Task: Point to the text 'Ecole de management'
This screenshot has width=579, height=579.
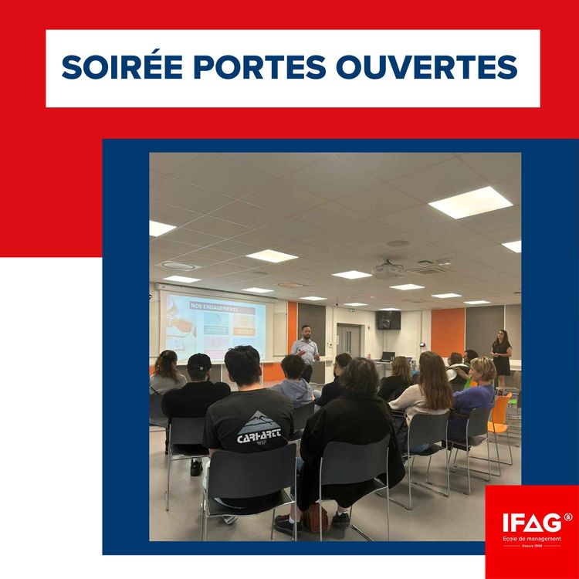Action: click(532, 538)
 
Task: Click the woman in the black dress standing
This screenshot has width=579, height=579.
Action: click(501, 357)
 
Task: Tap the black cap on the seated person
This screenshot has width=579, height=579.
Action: click(199, 361)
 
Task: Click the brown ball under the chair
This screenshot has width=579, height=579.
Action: click(314, 518)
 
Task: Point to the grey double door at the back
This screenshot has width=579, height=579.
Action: click(349, 340)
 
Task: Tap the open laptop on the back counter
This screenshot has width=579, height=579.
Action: click(388, 357)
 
